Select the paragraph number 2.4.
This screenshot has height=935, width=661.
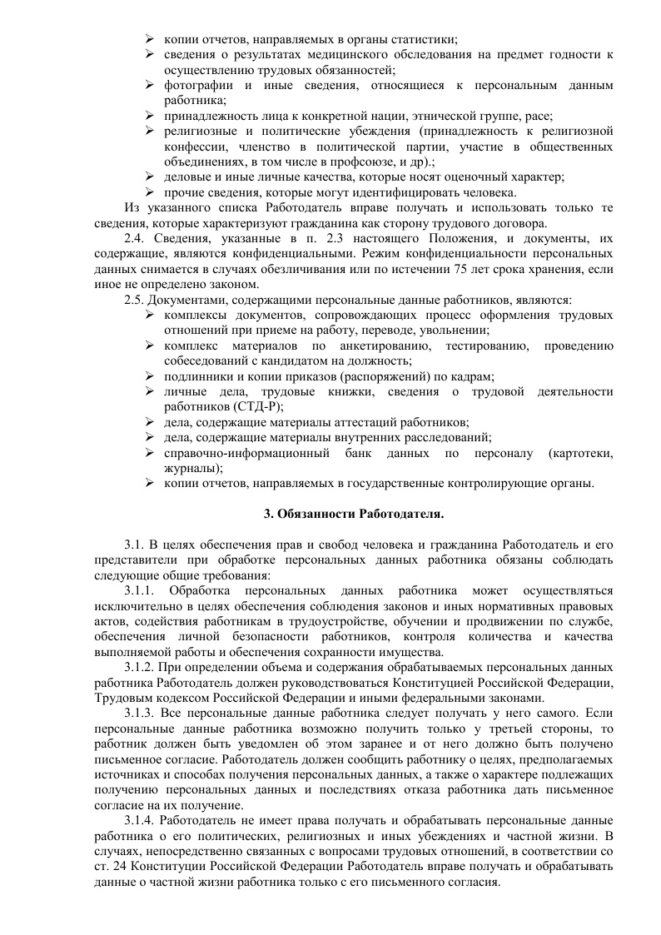pyautogui.click(x=134, y=237)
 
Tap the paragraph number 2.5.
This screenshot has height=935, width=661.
pyautogui.click(x=134, y=300)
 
